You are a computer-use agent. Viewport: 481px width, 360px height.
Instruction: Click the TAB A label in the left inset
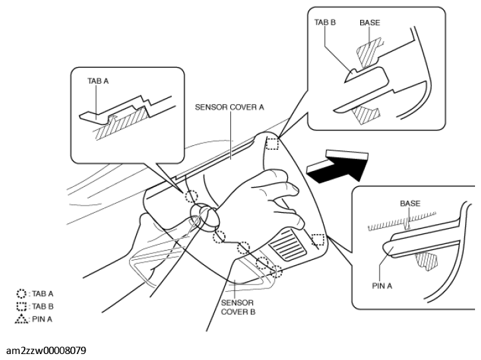point(98,80)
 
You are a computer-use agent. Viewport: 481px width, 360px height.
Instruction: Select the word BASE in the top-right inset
point(370,22)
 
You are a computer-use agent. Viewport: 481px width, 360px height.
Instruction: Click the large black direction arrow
point(337,166)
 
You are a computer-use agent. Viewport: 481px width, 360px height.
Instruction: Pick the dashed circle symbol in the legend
point(22,293)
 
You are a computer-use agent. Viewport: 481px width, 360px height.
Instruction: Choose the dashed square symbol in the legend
point(22,306)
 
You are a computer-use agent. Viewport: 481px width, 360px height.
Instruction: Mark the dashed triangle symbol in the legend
point(22,319)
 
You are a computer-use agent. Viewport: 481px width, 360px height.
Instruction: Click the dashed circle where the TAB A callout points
point(191,196)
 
